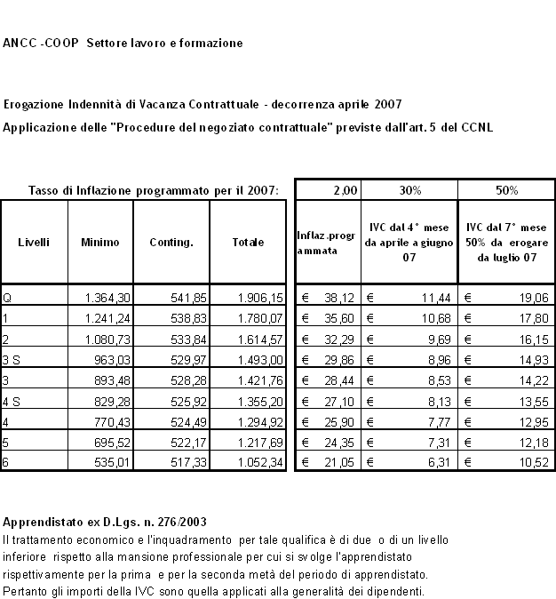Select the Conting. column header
[x=171, y=242]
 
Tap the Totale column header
[x=248, y=242]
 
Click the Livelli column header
[x=34, y=242]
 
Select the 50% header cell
[x=507, y=190]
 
